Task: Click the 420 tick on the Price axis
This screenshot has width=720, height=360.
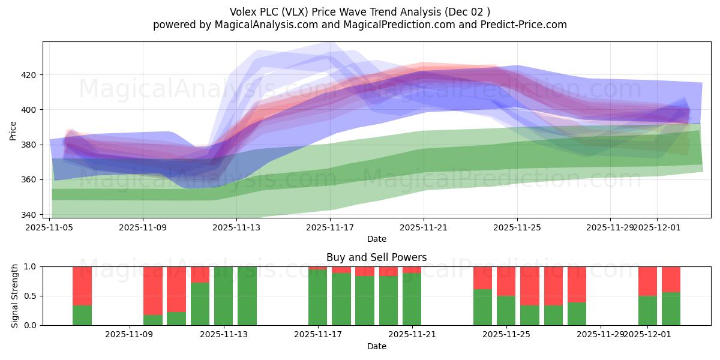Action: [29, 75]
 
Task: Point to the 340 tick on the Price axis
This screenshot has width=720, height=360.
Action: [29, 215]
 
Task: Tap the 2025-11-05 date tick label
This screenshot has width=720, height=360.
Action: [49, 227]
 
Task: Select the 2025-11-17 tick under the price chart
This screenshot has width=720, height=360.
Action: [329, 227]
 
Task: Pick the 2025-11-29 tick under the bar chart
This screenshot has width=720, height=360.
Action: [601, 335]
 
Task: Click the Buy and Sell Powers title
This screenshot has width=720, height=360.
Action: [376, 257]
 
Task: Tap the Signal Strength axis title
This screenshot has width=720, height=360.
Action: [15, 296]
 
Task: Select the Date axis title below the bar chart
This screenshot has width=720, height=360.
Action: [376, 346]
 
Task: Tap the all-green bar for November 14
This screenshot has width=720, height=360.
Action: [247, 296]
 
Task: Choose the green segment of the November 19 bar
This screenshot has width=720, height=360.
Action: [365, 301]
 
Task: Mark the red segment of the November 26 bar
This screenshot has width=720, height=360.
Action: [530, 286]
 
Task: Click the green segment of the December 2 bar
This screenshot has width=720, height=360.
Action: [671, 308]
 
